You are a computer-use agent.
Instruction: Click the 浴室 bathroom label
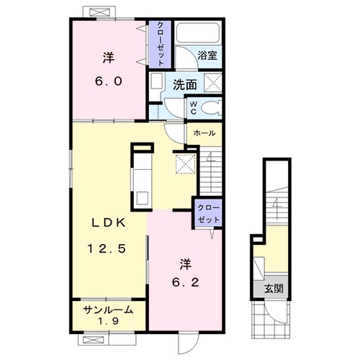(207, 55)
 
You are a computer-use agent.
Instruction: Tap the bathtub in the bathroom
(198, 33)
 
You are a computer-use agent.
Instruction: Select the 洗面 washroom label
(185, 85)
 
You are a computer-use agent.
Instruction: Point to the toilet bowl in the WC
(211, 108)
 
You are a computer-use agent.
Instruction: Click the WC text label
(193, 108)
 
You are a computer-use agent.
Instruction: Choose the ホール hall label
(204, 133)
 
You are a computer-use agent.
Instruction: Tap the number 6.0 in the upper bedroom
(109, 81)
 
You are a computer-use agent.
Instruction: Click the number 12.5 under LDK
(107, 248)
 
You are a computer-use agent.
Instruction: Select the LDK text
(109, 223)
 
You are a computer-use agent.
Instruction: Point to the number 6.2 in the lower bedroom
(186, 282)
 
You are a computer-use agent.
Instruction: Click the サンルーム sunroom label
(108, 310)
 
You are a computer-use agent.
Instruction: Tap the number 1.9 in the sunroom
(108, 321)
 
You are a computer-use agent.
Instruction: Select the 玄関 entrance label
(274, 289)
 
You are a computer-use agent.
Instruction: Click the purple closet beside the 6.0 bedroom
(160, 45)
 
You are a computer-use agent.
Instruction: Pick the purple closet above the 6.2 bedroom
(208, 213)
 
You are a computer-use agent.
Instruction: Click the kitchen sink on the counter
(142, 199)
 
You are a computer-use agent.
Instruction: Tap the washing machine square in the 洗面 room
(212, 83)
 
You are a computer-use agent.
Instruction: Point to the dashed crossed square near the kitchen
(186, 163)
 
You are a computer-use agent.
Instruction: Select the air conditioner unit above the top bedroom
(100, 12)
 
